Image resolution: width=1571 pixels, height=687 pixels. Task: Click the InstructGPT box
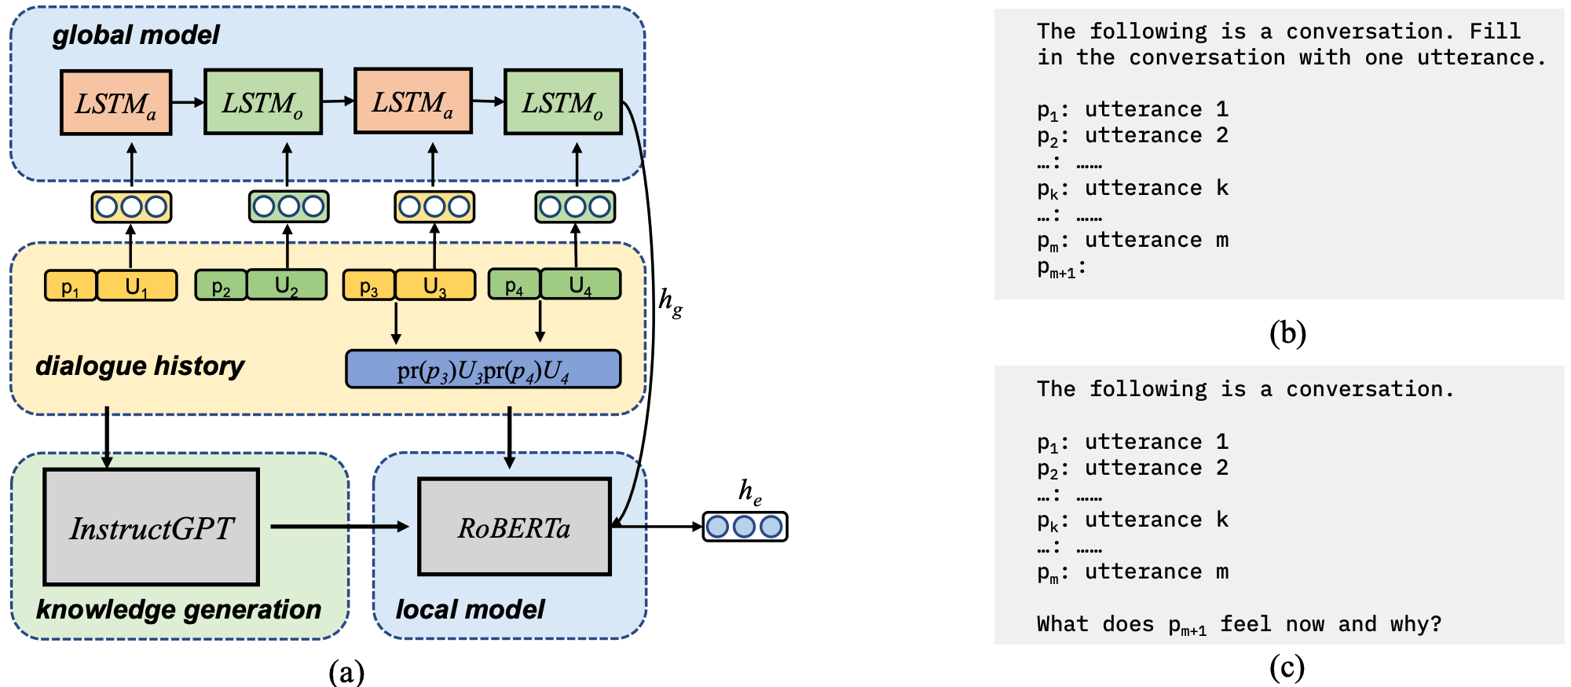151,527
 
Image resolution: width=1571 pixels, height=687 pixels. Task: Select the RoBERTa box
515,527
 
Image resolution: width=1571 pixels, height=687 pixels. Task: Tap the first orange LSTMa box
115,103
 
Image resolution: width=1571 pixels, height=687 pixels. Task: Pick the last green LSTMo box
562,102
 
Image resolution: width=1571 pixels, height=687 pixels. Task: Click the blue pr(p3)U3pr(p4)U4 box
483,369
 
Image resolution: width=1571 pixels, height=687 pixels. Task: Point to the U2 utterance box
287,285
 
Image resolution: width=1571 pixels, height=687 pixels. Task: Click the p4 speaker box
514,285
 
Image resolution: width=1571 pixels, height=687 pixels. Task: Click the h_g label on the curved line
670,301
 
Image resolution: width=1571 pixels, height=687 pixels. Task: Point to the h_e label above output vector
749,492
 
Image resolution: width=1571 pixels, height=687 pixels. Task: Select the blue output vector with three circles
744,527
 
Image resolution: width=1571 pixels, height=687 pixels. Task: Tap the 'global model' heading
135,35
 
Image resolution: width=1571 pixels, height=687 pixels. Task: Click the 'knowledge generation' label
178,609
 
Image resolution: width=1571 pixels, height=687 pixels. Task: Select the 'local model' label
470,609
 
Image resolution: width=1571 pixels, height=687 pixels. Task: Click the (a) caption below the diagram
346,671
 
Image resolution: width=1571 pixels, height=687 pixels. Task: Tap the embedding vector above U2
288,207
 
